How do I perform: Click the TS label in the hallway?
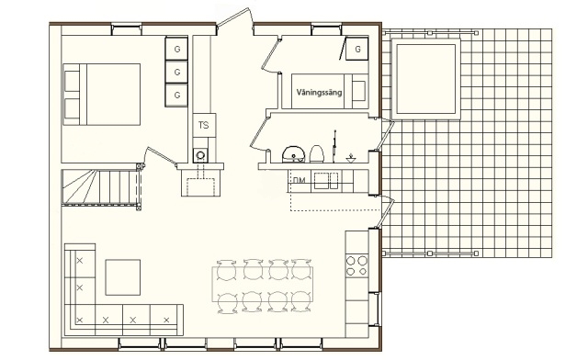coord(204,125)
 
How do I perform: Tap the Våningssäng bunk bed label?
coord(319,92)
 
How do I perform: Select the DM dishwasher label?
coord(299,180)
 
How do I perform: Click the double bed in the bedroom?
coord(102,95)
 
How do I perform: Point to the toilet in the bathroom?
coord(316,153)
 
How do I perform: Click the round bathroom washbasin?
coord(293,154)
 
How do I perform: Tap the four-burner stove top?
coord(356,265)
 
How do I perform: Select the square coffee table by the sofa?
coord(122,277)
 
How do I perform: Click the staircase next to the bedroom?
coord(100,187)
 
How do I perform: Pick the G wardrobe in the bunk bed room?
coord(357,49)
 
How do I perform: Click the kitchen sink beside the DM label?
coord(326,181)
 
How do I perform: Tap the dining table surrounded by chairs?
coord(263,284)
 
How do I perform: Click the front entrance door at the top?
coord(235,17)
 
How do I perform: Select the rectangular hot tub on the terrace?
coord(426,79)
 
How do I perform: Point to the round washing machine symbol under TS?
coord(200,155)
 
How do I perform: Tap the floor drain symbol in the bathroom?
coord(351,159)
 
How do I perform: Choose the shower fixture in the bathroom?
coord(334,146)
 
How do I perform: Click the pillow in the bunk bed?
coord(359,91)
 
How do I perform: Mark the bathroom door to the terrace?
coord(387,134)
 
